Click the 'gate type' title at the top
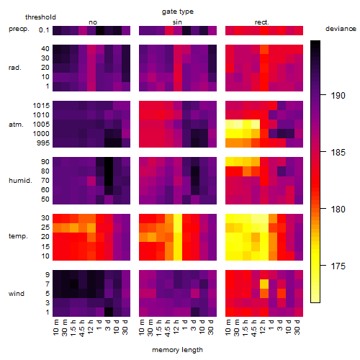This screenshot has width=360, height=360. [x=178, y=12]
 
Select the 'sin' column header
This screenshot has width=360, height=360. [x=177, y=22]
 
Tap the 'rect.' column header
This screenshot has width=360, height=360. [x=262, y=22]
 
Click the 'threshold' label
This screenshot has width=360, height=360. [x=40, y=17]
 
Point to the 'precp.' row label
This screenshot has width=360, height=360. [x=19, y=29]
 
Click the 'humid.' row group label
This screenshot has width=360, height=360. [x=20, y=180]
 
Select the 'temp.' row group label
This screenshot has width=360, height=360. [x=18, y=236]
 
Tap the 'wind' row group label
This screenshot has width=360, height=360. [x=17, y=293]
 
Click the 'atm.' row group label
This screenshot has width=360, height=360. [x=16, y=125]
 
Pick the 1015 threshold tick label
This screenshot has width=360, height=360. [x=41, y=106]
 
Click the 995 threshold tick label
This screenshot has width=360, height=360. [x=43, y=143]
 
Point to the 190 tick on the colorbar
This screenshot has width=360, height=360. [x=338, y=96]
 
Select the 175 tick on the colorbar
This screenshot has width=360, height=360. [x=338, y=266]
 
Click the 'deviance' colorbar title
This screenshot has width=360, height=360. [x=341, y=29]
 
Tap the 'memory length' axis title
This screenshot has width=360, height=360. [x=178, y=350]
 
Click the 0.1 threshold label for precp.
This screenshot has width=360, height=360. [x=44, y=30]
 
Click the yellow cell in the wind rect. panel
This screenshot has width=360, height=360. [x=264, y=284]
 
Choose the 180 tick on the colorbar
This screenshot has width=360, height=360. [x=338, y=210]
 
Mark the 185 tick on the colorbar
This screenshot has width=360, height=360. [x=338, y=153]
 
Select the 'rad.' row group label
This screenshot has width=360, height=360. [x=15, y=68]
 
